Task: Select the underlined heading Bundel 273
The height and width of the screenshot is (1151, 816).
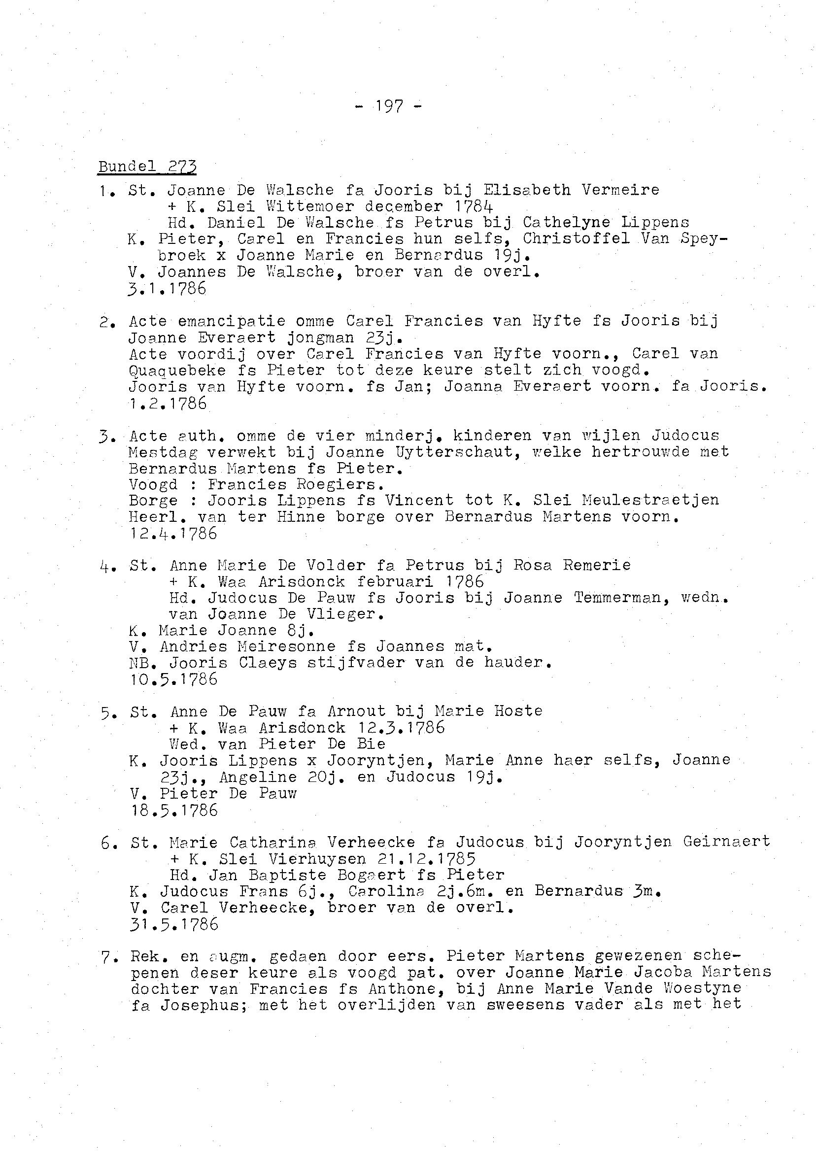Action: (x=147, y=167)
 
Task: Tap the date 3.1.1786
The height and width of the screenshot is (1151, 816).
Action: (x=168, y=289)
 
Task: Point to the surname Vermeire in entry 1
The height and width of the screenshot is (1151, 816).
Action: (x=620, y=190)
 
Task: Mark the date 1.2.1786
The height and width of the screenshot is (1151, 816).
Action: (x=168, y=404)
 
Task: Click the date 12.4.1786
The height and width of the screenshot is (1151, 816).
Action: (x=173, y=533)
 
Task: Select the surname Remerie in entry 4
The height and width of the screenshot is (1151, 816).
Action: (x=596, y=565)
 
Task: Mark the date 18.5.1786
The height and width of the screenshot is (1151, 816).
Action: (x=174, y=810)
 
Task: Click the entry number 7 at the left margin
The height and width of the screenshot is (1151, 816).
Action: (x=106, y=957)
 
